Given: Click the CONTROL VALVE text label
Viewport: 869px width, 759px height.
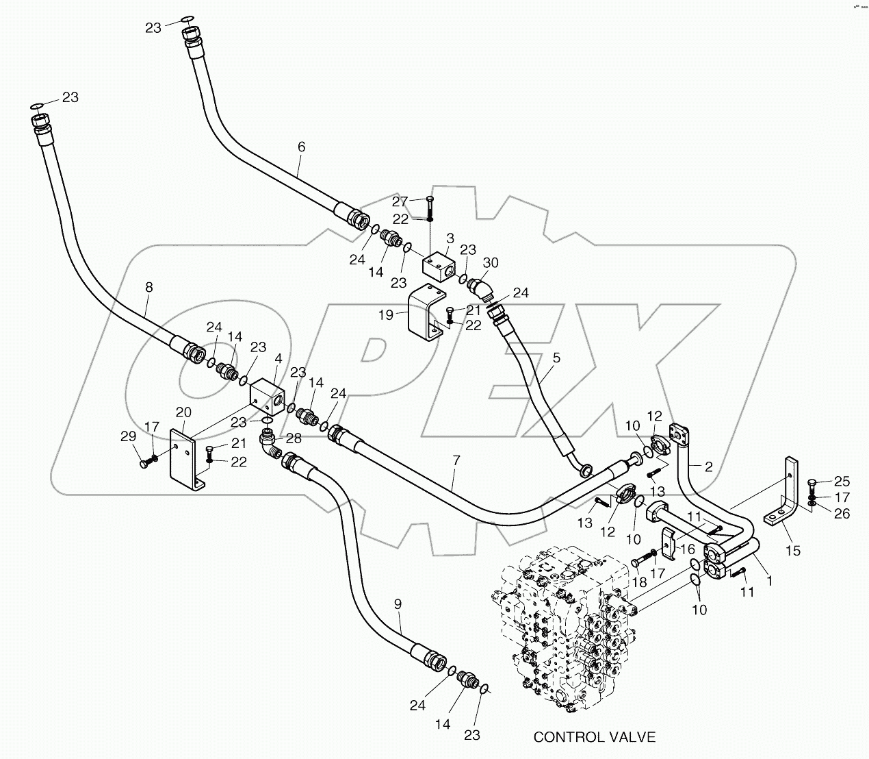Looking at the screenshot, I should (594, 737).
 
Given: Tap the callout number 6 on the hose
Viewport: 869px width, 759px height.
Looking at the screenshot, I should (301, 147).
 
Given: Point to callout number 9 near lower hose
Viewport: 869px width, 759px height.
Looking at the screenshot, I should (398, 604).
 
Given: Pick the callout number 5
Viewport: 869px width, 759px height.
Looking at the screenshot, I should (556, 358).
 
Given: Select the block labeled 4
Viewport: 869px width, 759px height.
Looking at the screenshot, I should (265, 397).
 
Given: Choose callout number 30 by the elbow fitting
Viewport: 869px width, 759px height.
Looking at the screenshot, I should (491, 263).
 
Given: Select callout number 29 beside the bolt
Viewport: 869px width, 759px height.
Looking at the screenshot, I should (128, 436).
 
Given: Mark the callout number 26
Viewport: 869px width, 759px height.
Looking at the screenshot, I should (842, 512).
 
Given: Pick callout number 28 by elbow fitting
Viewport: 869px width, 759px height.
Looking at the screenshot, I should (294, 437).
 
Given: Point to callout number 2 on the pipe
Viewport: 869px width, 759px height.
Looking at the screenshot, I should (709, 466).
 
